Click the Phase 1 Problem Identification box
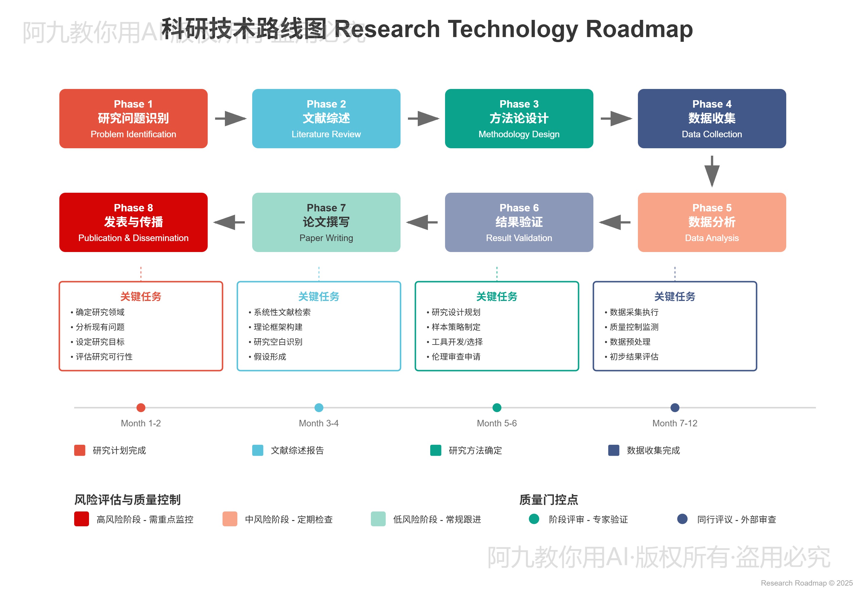[134, 118]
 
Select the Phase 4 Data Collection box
[711, 118]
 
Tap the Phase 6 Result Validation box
[519, 222]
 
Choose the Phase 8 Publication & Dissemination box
[134, 222]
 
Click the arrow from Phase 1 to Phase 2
[230, 118]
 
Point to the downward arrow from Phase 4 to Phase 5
[711, 171]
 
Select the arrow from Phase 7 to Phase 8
[229, 222]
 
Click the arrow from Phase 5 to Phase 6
[615, 222]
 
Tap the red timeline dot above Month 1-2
[141, 407]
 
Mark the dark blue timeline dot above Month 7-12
[675, 407]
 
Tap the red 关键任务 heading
[141, 296]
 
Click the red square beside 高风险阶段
[81, 519]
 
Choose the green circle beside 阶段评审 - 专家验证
[534, 519]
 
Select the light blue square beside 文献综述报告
[258, 450]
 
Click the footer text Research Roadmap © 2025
[806, 583]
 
